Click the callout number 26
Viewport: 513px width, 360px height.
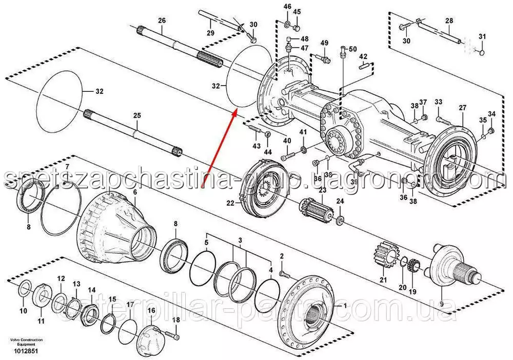click(162, 21)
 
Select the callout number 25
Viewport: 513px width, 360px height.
click(136, 116)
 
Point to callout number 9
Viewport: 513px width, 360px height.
click(441, 303)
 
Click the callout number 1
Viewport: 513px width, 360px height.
click(344, 305)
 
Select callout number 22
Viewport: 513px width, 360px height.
click(230, 204)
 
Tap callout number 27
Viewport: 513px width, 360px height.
click(463, 108)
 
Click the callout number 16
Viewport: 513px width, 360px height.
click(151, 311)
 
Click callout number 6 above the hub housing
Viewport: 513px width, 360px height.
click(135, 192)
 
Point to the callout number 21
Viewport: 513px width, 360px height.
click(383, 279)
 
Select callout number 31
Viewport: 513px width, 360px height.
click(482, 36)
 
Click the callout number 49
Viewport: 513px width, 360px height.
click(325, 43)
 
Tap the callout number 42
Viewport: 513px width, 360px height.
click(363, 56)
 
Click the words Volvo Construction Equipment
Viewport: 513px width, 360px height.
click(26, 343)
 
